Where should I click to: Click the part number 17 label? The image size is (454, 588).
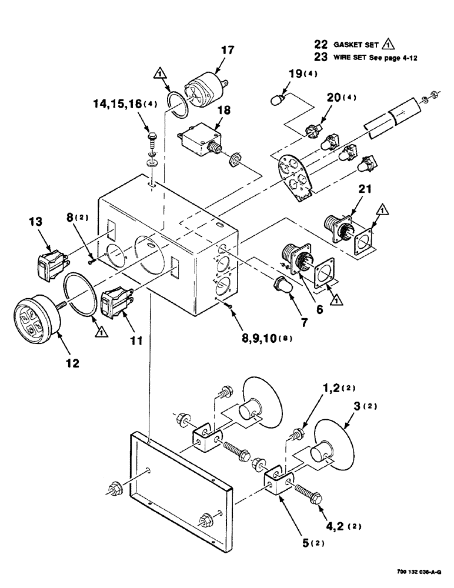pos(227,51)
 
